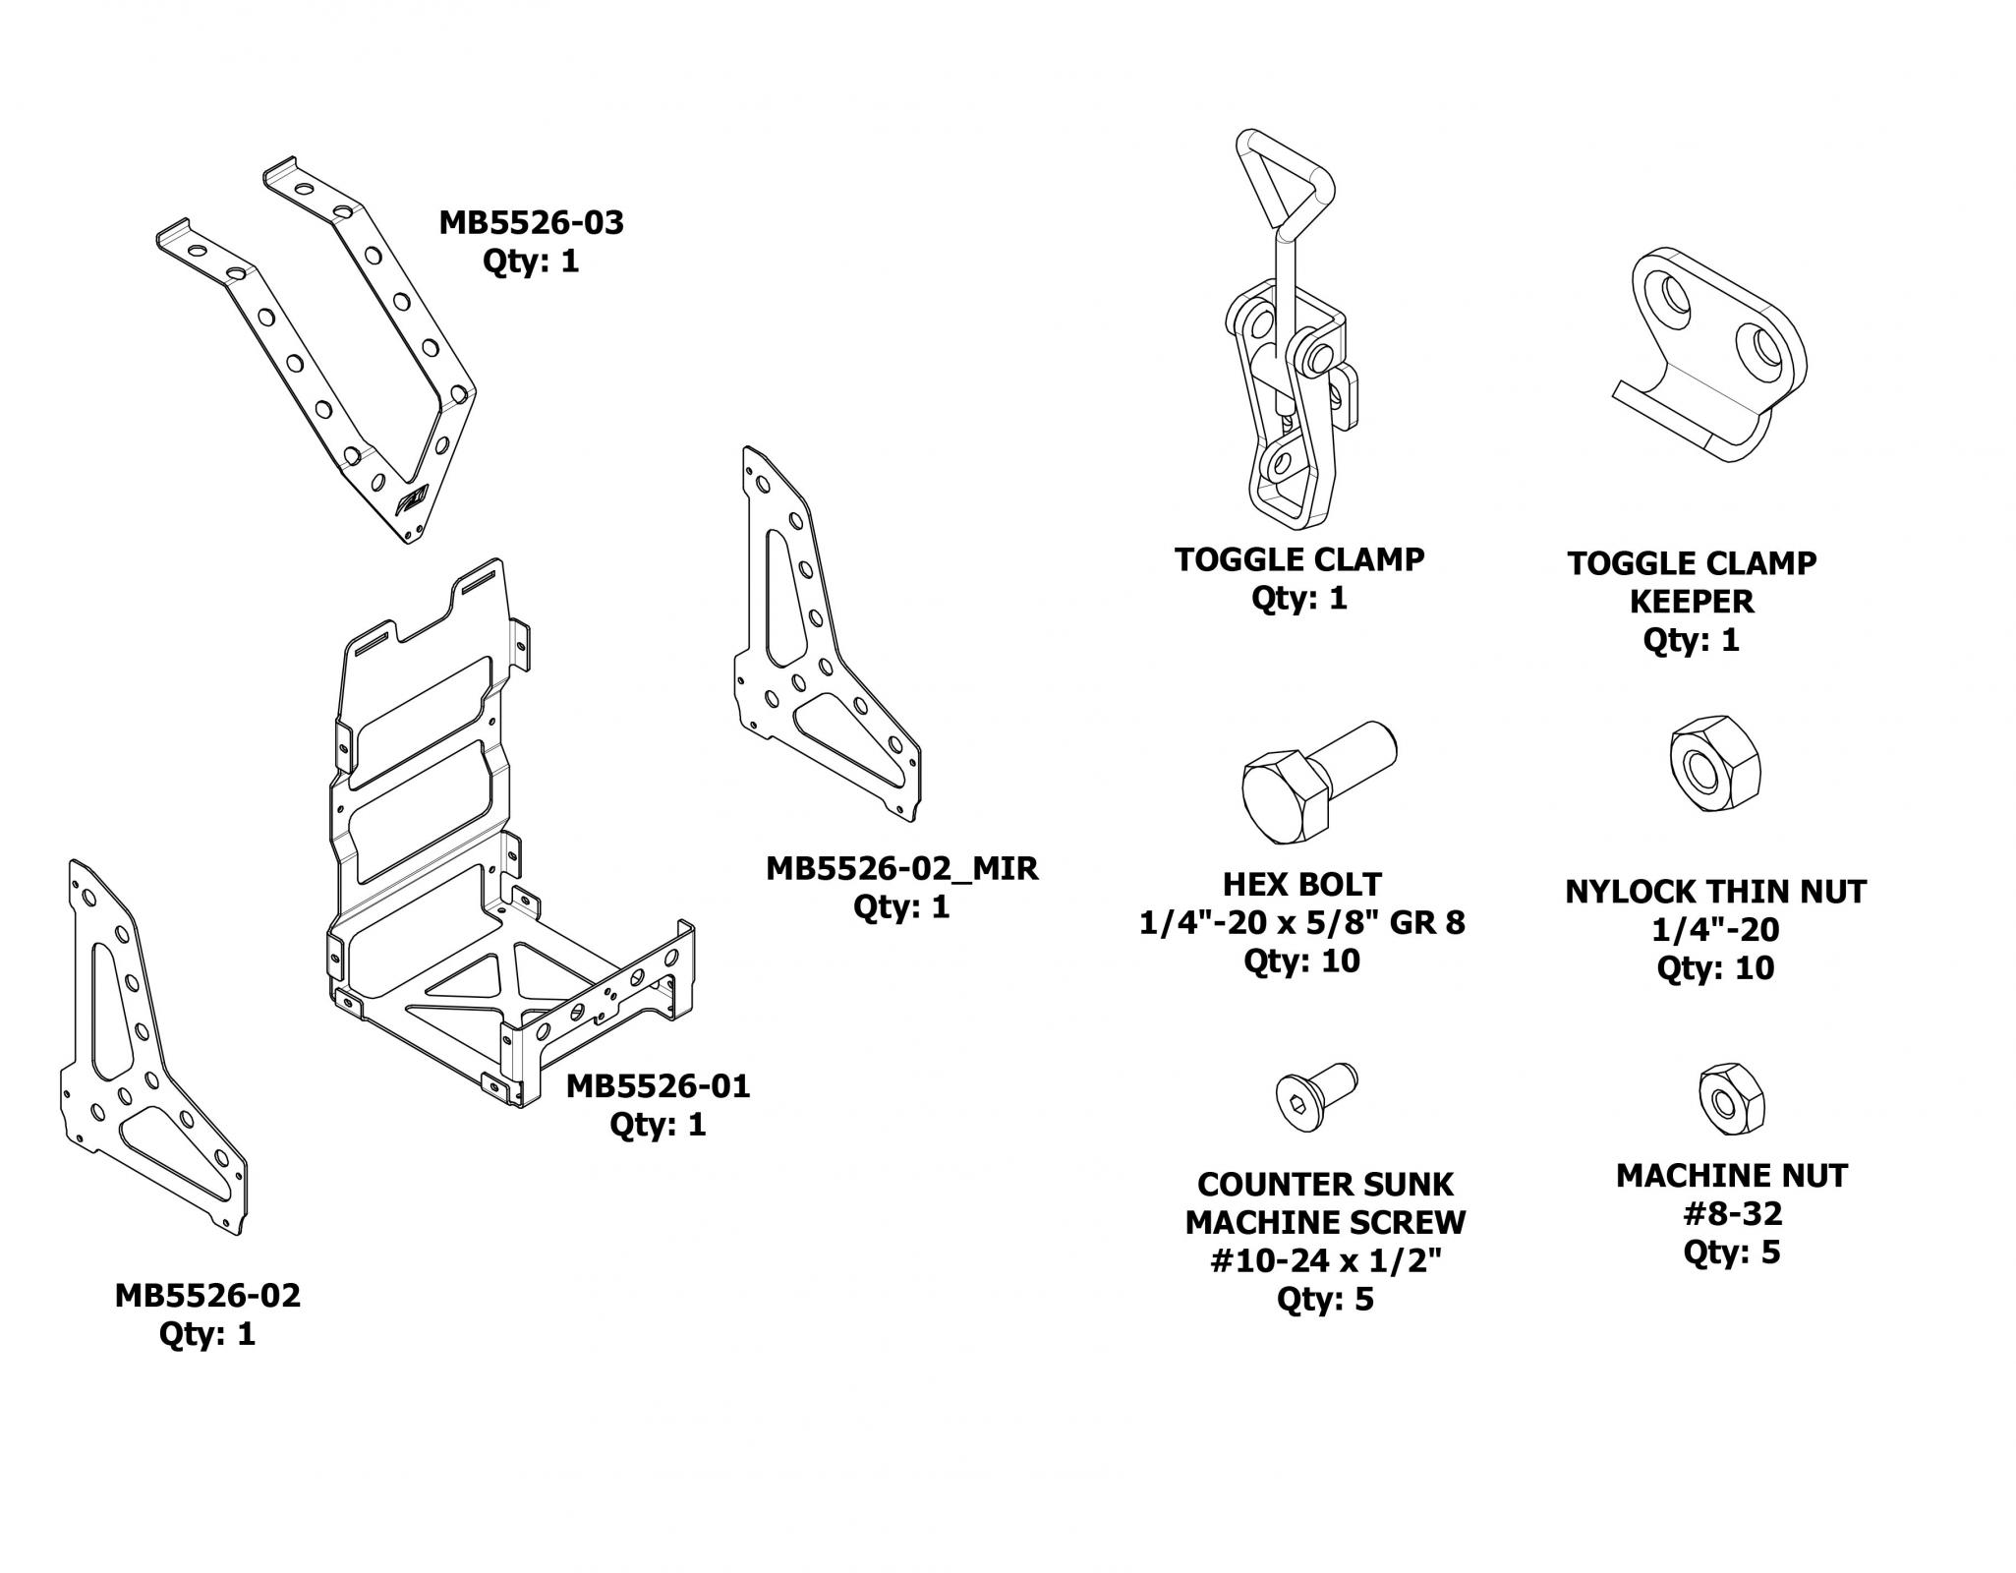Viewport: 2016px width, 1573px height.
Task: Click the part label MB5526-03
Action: point(531,223)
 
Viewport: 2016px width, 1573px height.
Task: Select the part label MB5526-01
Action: point(658,1086)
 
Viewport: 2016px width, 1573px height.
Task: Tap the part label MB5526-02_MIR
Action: point(901,869)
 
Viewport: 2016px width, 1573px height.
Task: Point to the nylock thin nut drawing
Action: point(1714,762)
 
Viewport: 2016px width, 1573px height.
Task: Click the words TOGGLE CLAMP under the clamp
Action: point(1298,559)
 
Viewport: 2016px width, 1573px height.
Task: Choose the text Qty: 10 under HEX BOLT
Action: point(1301,961)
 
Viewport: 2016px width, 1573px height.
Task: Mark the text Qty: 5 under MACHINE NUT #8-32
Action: point(1731,1253)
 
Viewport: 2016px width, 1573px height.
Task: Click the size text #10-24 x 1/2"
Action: point(1324,1261)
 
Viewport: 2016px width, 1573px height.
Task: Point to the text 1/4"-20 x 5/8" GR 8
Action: point(1301,923)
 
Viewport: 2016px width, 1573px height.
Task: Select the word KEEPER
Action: point(1691,601)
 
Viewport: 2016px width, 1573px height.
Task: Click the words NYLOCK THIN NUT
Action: point(1715,892)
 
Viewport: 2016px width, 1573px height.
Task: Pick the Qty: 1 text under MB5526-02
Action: point(207,1334)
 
